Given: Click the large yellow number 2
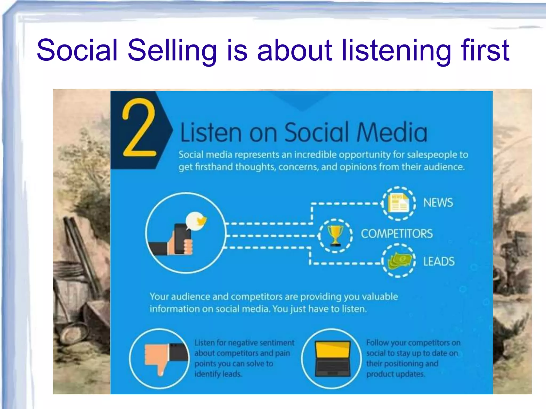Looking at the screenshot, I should coord(139,128).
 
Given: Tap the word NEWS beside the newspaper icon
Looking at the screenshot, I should coord(438,203).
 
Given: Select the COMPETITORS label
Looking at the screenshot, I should coord(397,234).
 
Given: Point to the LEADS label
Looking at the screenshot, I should coord(439,261).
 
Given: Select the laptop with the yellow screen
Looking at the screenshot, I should coord(332,358).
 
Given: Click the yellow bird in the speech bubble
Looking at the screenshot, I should coord(201,221).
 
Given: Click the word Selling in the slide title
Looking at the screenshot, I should coord(172,51).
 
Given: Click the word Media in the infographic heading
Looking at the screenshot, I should coord(392,132).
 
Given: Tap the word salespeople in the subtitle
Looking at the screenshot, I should coord(432,155).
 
